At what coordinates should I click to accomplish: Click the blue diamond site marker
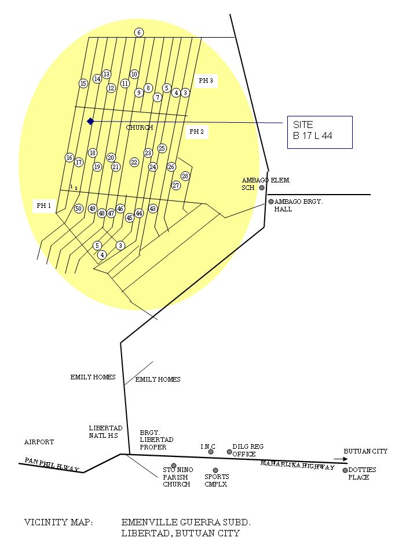[90, 121]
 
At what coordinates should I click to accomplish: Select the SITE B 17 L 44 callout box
[320, 132]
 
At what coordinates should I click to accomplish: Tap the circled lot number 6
[139, 32]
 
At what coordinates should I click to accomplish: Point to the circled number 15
[83, 83]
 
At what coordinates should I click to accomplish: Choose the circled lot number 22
[134, 162]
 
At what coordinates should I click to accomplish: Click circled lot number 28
[185, 176]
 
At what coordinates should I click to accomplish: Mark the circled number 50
[79, 209]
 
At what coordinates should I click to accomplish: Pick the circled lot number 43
[153, 209]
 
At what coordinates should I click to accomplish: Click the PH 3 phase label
[206, 81]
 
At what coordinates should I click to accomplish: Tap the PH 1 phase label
[44, 206]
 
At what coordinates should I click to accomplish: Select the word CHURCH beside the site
[140, 127]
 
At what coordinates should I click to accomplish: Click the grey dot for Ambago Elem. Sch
[262, 188]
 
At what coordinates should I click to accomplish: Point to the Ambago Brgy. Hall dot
[271, 202]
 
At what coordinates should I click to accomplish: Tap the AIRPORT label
[39, 442]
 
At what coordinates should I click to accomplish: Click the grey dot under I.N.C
[211, 452]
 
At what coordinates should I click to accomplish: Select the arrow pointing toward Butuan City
[341, 459]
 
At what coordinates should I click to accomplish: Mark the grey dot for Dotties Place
[345, 470]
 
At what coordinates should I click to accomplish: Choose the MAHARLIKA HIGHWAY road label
[297, 465]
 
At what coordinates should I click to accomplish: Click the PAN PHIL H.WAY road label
[52, 464]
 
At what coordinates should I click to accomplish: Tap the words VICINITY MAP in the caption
[58, 522]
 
